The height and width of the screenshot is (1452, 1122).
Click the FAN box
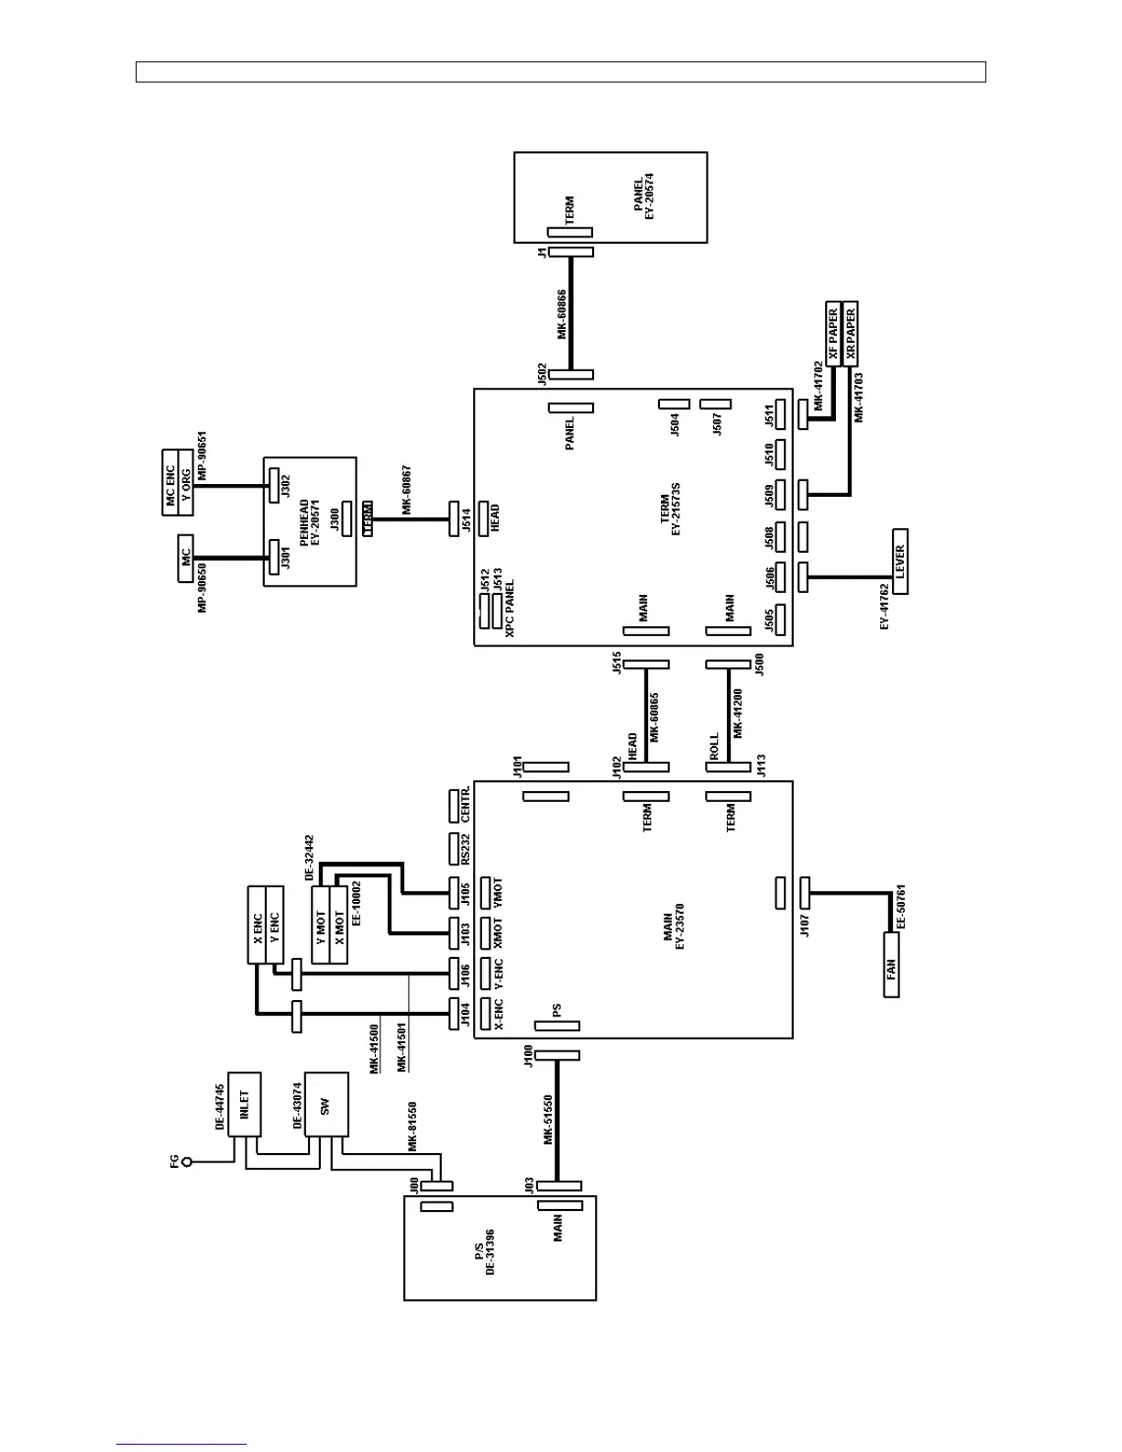(x=892, y=965)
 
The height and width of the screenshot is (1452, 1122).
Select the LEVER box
(x=899, y=561)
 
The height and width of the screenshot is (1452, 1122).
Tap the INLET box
(x=243, y=1104)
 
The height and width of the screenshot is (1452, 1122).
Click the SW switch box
(x=325, y=1105)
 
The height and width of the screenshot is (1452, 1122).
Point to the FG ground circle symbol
(x=188, y=1161)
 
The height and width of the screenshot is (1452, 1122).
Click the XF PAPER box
(x=833, y=333)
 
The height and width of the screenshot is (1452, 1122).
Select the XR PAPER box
(x=850, y=333)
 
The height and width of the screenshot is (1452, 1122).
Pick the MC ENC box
(x=170, y=482)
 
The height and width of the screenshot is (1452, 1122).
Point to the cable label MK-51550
(x=548, y=1119)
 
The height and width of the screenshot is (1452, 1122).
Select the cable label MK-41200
(x=738, y=713)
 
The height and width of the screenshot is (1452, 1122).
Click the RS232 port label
(x=467, y=850)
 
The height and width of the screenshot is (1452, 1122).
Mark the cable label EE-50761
(x=901, y=908)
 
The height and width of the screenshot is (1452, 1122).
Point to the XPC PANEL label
(x=510, y=607)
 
